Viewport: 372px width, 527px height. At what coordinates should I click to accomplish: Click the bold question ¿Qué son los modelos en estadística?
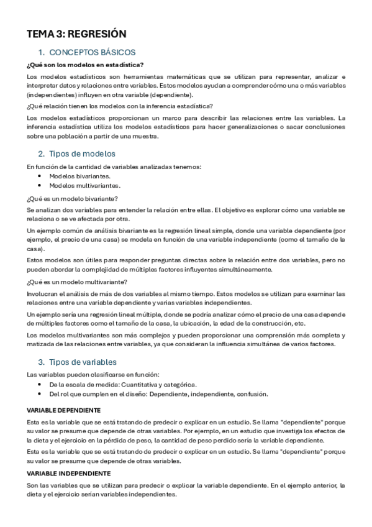coord(85,65)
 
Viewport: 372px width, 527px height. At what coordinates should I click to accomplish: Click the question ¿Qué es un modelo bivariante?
coord(73,198)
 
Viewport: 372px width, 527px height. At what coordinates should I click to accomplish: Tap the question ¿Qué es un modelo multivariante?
coord(76,281)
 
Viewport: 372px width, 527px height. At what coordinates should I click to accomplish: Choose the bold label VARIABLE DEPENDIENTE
coord(64,410)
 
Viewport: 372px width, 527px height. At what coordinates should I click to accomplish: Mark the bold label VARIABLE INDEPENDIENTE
coord(68,474)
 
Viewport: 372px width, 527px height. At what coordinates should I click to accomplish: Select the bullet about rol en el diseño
coord(158,394)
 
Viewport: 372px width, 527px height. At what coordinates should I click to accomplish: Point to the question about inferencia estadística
coord(120,106)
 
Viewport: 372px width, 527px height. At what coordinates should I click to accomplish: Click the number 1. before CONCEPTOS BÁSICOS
coord(42,52)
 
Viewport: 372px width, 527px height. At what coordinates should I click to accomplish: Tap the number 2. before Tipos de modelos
coord(42,154)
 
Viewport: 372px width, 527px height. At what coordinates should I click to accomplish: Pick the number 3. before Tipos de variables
coord(42,362)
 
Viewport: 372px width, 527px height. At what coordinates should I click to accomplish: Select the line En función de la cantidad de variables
coord(114,166)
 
